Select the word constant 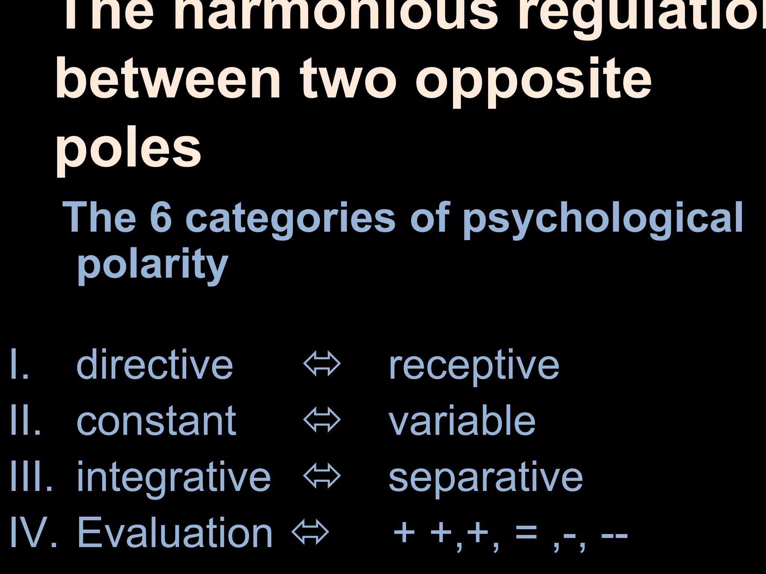pyautogui.click(x=156, y=421)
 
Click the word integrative pyautogui.click(x=174, y=478)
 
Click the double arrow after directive pyautogui.click(x=322, y=364)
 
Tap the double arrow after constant pyautogui.click(x=322, y=420)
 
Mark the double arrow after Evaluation pyautogui.click(x=310, y=532)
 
